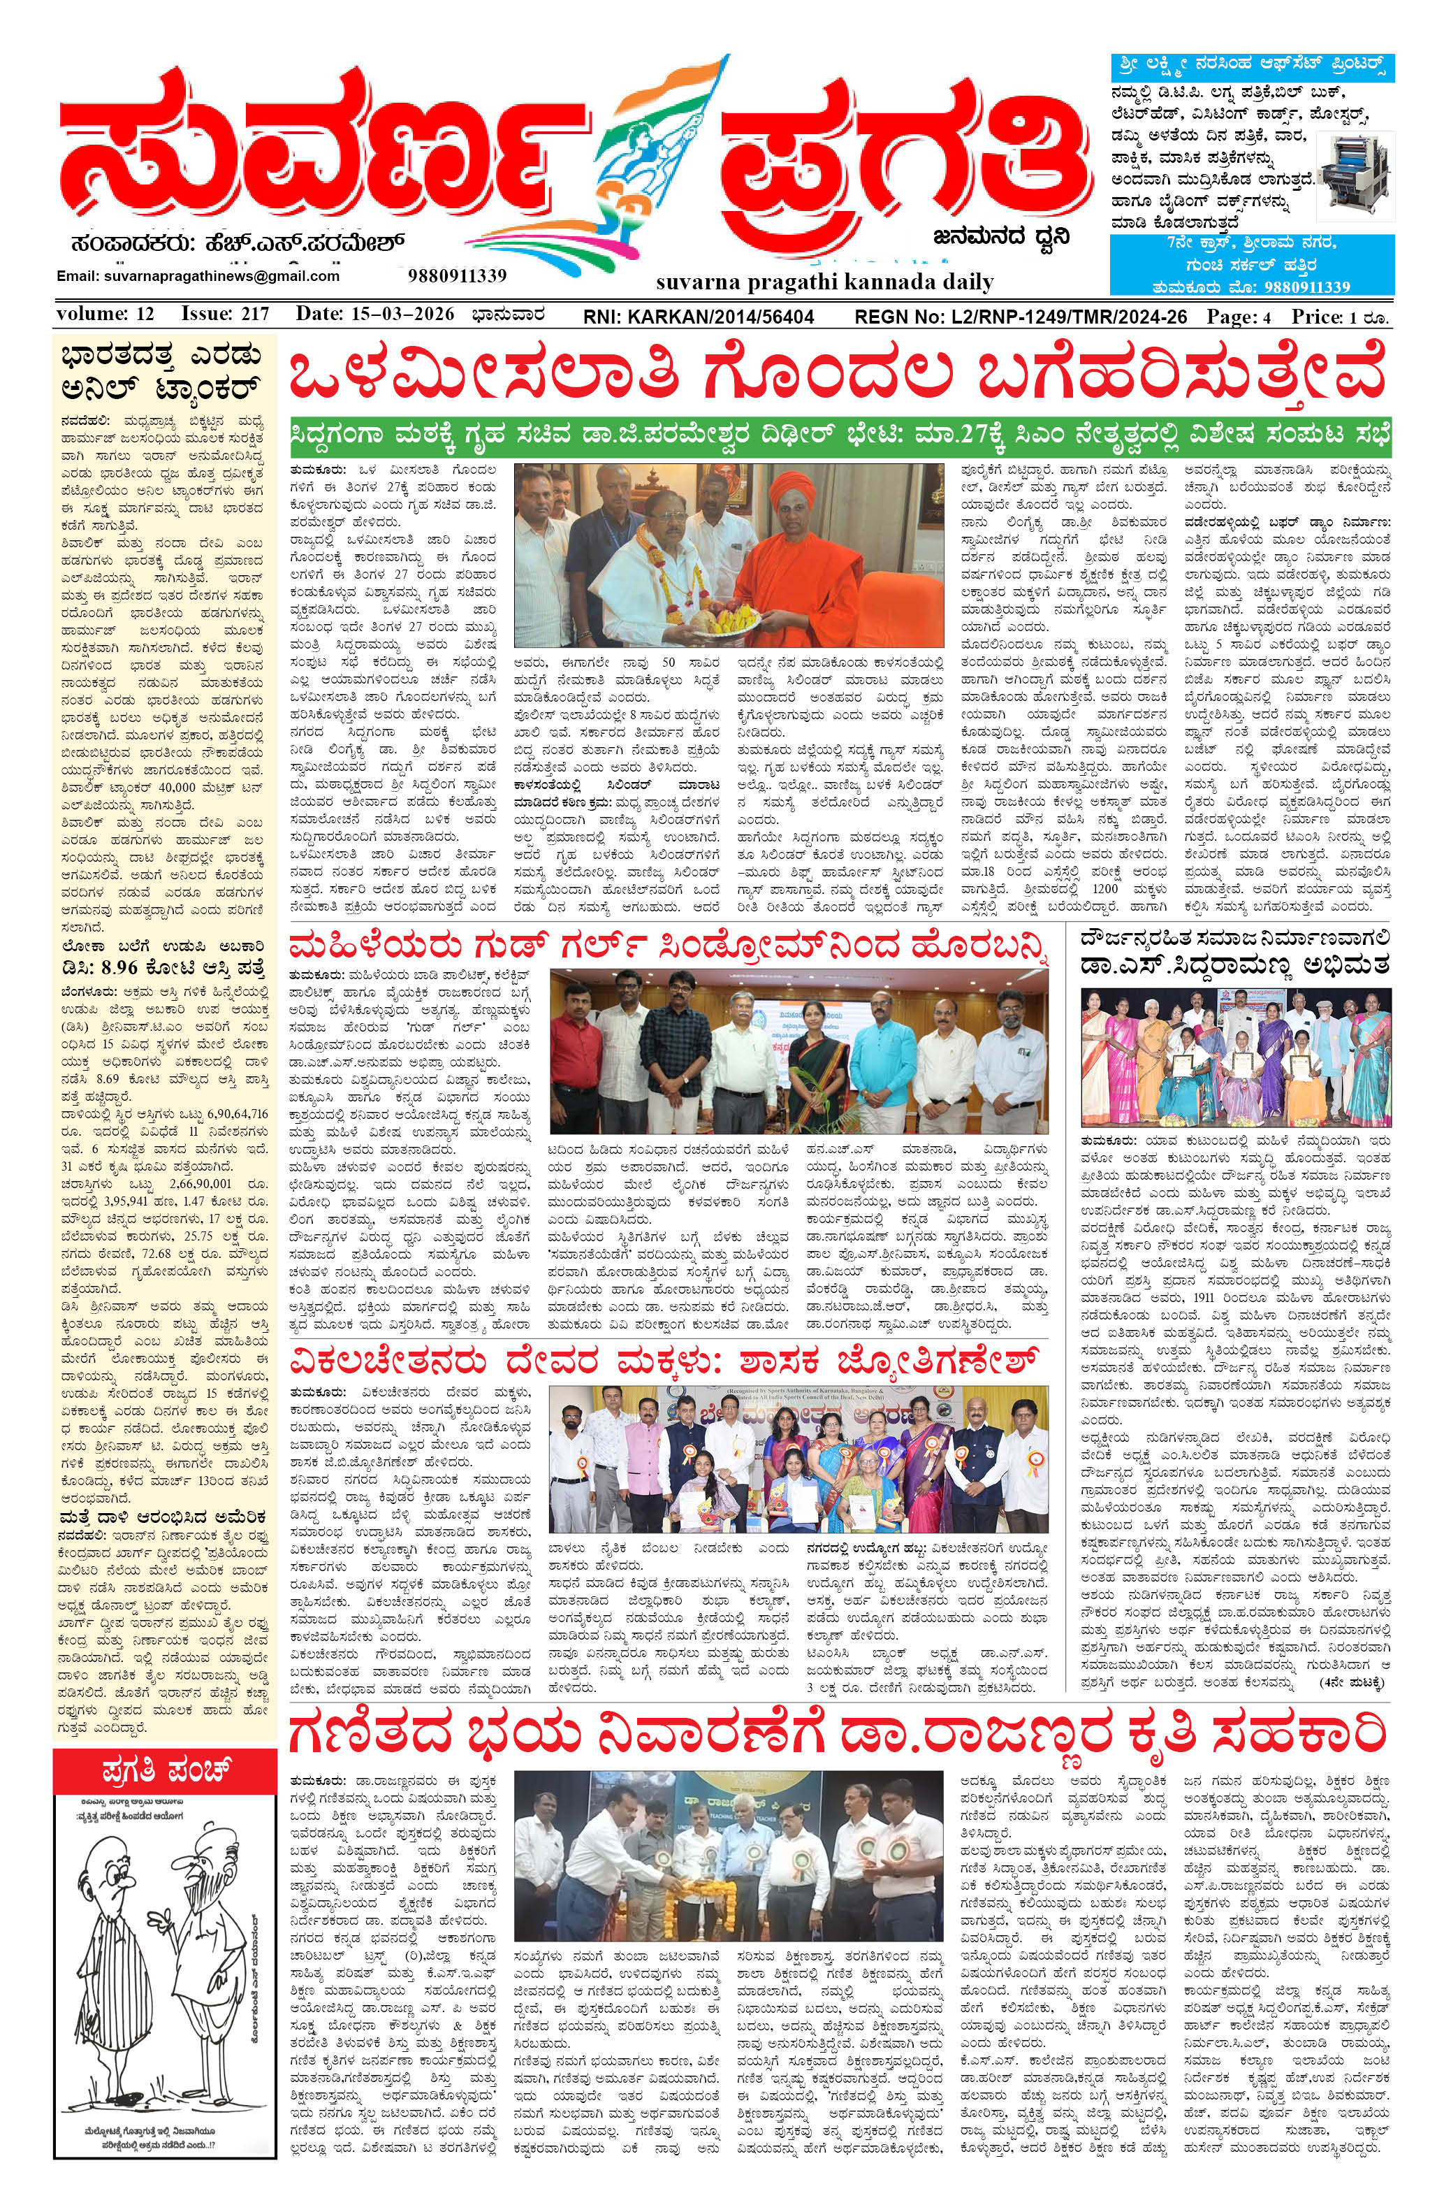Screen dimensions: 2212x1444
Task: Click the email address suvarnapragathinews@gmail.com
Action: click(198, 276)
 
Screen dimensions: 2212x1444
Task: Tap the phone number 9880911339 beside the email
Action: click(456, 275)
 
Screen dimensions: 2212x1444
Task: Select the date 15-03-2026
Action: click(374, 314)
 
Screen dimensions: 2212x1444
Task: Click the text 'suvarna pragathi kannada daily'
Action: click(824, 281)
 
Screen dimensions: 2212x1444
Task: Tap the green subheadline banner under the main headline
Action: click(841, 434)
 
